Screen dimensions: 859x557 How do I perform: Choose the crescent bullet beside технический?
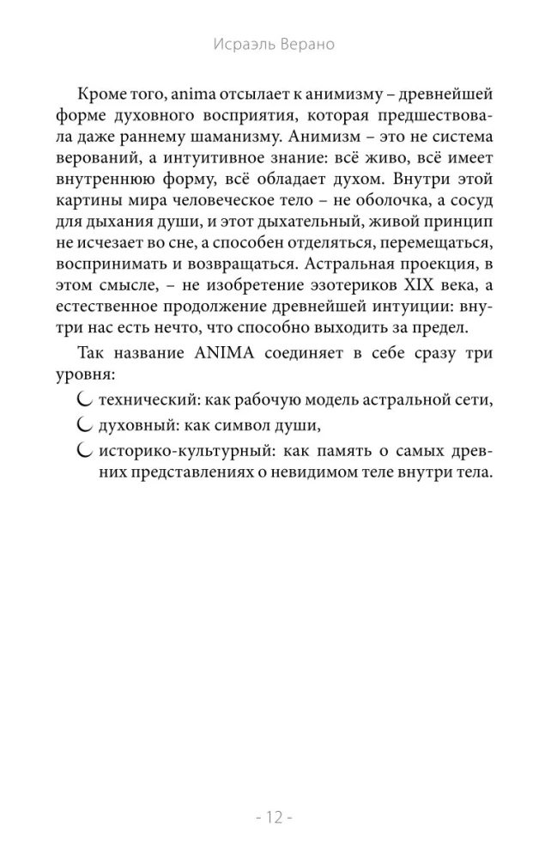point(84,399)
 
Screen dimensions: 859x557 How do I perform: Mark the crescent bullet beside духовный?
point(84,424)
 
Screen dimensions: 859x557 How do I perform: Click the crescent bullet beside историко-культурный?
point(84,449)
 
